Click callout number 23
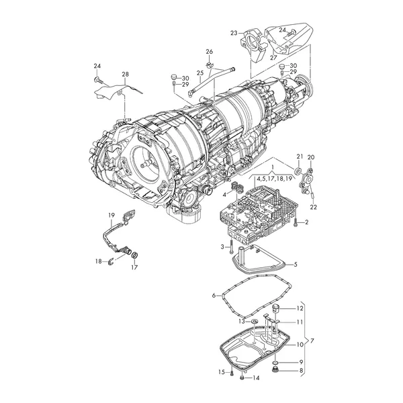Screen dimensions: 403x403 pos(234,33)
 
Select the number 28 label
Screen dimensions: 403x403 pos(125,75)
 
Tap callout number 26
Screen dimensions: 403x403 pos(210,52)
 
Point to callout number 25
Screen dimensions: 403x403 pos(200,73)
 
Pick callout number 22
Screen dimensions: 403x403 pos(314,207)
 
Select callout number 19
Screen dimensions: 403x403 pos(111,215)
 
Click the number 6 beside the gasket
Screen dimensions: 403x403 pos(214,296)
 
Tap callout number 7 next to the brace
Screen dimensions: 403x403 pos(312,341)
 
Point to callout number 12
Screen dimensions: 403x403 pos(300,308)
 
